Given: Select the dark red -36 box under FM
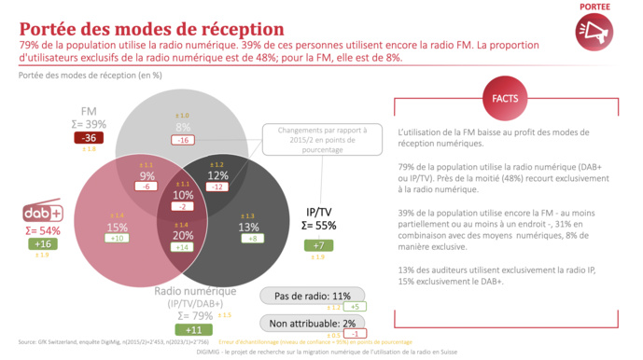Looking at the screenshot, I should [x=90, y=138].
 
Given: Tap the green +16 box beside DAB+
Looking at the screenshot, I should [x=44, y=243].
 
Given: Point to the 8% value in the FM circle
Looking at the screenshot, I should [x=183, y=126].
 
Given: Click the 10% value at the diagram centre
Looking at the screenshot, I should [x=183, y=195].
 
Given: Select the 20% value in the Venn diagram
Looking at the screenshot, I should [x=183, y=235].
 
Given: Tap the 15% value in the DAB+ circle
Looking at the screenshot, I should [x=118, y=227].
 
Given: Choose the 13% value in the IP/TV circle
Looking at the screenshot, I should [x=249, y=227].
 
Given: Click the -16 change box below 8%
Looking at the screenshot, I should [x=183, y=140].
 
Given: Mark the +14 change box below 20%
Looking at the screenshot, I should [x=183, y=247].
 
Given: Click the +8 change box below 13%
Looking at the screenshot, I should [x=249, y=239].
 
